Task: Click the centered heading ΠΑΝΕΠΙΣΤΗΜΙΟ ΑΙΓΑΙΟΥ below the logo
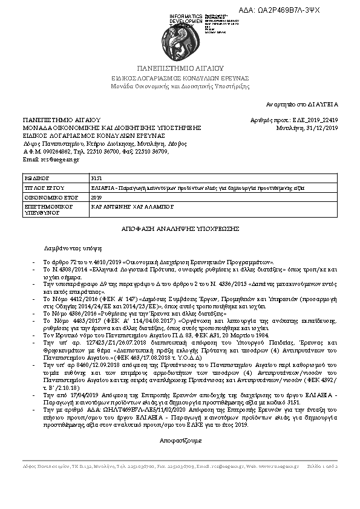coord(180,68)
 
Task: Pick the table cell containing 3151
coord(96,180)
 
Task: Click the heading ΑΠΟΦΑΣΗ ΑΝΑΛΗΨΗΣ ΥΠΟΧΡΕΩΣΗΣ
coord(180,229)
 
